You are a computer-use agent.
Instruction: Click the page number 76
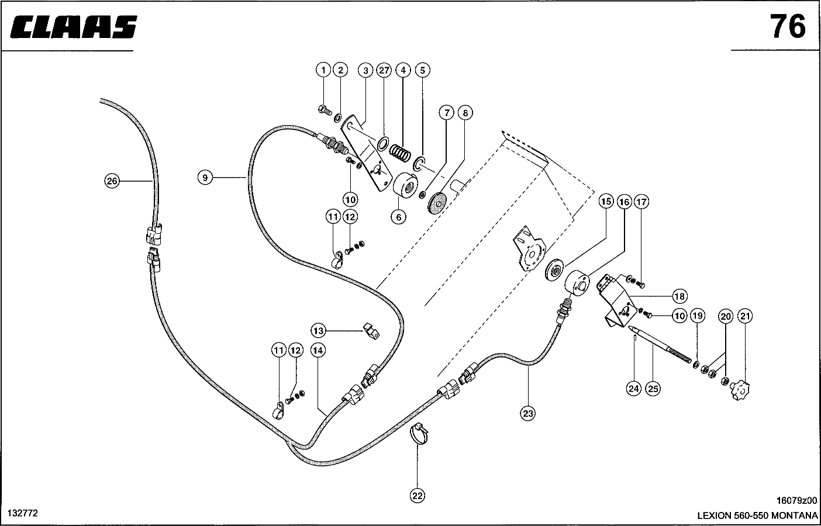click(x=787, y=27)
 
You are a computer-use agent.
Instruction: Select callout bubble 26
click(x=112, y=181)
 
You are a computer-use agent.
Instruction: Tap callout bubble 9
click(x=205, y=177)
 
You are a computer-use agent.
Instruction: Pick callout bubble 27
click(x=384, y=70)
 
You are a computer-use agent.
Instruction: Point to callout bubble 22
click(x=417, y=496)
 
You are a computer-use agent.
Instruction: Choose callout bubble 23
click(x=528, y=413)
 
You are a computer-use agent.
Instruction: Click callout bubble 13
click(x=318, y=331)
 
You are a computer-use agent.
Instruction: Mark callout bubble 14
click(x=318, y=351)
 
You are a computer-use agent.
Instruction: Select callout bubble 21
click(x=745, y=316)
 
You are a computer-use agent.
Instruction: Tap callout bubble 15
click(x=606, y=202)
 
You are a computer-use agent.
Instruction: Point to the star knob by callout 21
click(x=740, y=389)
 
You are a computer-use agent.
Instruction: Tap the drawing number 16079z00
click(x=796, y=501)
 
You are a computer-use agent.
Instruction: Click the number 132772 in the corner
click(x=22, y=513)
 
